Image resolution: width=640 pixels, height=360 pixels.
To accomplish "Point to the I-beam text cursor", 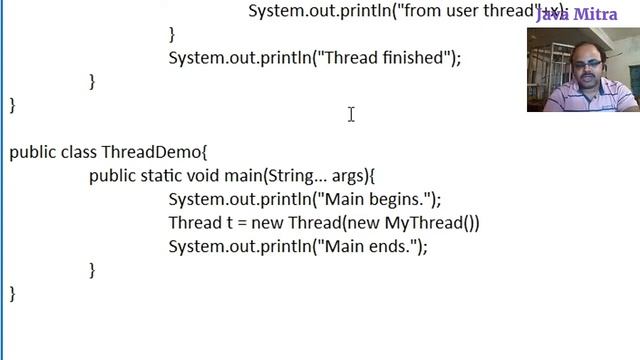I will (x=351, y=115).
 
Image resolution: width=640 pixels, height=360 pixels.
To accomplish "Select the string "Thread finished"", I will (x=381, y=58).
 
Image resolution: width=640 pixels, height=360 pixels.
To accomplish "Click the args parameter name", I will (x=349, y=175).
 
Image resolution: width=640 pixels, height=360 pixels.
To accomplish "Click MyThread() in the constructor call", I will (x=429, y=222).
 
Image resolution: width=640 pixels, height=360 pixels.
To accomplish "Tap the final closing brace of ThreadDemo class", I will (x=13, y=293).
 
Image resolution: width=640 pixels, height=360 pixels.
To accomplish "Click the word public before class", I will (x=32, y=152).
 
